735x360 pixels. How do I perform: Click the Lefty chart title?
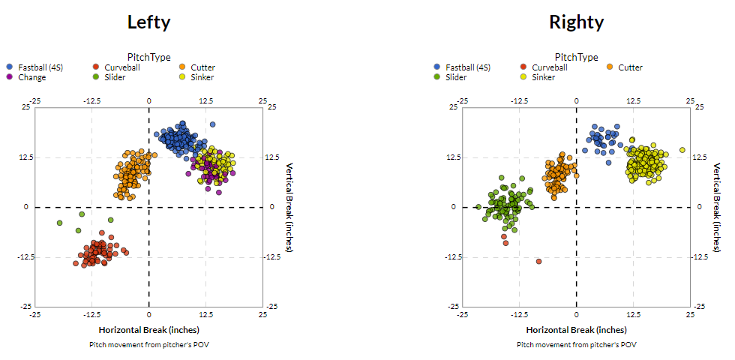[x=148, y=22]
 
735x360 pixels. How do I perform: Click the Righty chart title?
[x=576, y=22]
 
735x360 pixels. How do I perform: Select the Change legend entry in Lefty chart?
[x=32, y=77]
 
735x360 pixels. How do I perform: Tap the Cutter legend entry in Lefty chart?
[x=202, y=67]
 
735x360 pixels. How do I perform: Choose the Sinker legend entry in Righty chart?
[x=544, y=77]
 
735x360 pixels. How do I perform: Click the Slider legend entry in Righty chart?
[x=456, y=77]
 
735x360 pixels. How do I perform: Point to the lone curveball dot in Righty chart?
[x=538, y=261]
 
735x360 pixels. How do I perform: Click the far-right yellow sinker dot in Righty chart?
[x=682, y=150]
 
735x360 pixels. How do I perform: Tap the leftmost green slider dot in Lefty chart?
[x=60, y=223]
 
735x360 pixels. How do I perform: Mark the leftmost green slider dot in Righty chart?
[x=478, y=207]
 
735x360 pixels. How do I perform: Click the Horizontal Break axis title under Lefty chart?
[x=148, y=330]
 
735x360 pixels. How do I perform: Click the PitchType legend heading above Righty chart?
[x=576, y=57]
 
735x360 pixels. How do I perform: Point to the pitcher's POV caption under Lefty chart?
[x=148, y=344]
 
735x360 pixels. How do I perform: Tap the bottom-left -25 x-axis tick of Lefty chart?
[x=34, y=316]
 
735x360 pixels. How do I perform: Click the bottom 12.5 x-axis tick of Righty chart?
[x=633, y=316]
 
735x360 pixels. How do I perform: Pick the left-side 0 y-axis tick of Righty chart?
[x=453, y=207]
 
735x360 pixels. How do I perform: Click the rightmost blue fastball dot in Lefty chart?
[x=212, y=124]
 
